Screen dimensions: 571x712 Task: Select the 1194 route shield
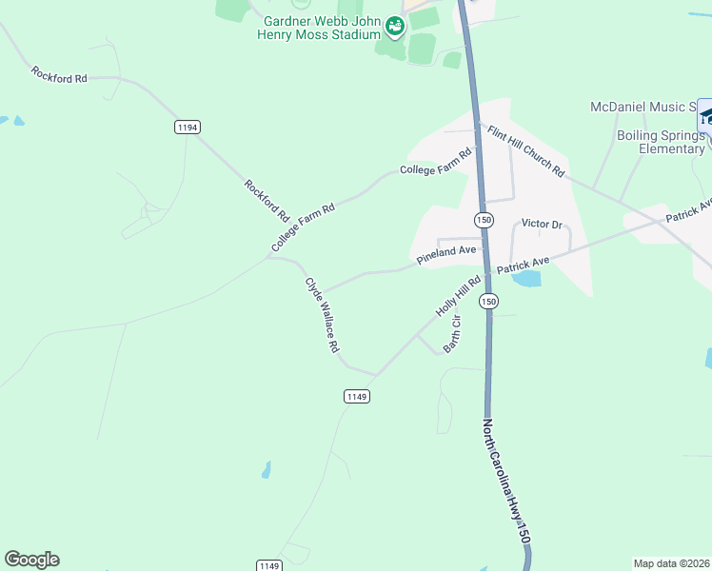188,127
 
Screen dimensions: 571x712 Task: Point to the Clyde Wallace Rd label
322,315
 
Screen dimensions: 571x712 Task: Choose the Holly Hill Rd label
460,296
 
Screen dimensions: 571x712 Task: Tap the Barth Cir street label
452,333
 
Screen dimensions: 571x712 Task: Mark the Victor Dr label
543,224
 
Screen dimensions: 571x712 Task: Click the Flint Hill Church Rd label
526,151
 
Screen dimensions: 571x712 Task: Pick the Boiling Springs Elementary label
658,142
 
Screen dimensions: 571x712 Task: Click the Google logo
31,560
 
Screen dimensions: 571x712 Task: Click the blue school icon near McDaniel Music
705,117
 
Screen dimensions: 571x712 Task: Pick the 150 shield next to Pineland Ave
485,219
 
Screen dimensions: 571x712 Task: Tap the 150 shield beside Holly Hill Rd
488,301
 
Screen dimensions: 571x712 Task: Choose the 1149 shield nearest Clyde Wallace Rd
357,395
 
